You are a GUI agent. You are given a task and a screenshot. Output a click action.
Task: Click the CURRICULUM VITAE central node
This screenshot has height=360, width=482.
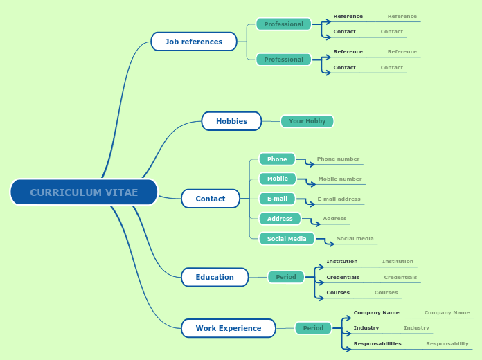click(84, 192)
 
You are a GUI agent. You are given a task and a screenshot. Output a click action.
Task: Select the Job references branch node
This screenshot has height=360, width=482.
click(194, 42)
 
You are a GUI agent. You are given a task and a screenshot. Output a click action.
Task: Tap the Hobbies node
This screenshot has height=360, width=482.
click(231, 121)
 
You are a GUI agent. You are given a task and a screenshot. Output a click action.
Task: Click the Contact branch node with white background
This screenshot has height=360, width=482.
click(211, 199)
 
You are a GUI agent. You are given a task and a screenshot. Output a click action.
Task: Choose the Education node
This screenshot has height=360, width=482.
click(215, 277)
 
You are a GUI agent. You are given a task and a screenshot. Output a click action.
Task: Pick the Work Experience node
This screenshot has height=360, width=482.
click(229, 328)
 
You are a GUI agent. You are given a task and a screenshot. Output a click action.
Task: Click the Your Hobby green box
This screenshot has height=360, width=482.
click(307, 121)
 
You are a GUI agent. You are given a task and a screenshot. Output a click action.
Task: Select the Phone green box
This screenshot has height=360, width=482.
click(277, 159)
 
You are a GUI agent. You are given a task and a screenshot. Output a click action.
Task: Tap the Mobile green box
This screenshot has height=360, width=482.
click(278, 179)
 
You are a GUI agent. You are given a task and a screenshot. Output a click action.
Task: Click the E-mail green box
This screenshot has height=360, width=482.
click(277, 199)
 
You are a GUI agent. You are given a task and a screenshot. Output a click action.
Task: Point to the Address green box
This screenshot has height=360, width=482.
click(280, 219)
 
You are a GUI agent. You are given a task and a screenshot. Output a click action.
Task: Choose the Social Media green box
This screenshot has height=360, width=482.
click(287, 239)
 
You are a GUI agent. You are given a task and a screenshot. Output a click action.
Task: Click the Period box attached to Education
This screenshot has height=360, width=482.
click(286, 277)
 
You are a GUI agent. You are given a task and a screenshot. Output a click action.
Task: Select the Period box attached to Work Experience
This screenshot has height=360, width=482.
click(313, 328)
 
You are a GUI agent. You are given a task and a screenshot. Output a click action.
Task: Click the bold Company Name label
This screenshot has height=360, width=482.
click(376, 313)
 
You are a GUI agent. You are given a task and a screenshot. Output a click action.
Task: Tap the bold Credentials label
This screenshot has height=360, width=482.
click(343, 277)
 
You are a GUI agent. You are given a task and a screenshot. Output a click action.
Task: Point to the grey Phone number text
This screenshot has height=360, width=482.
click(338, 159)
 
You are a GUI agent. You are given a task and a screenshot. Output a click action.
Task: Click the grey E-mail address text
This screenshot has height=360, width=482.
click(339, 199)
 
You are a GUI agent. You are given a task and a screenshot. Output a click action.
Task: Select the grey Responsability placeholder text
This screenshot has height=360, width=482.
click(447, 344)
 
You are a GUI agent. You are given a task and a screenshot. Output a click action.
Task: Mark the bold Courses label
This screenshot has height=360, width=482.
click(338, 293)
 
